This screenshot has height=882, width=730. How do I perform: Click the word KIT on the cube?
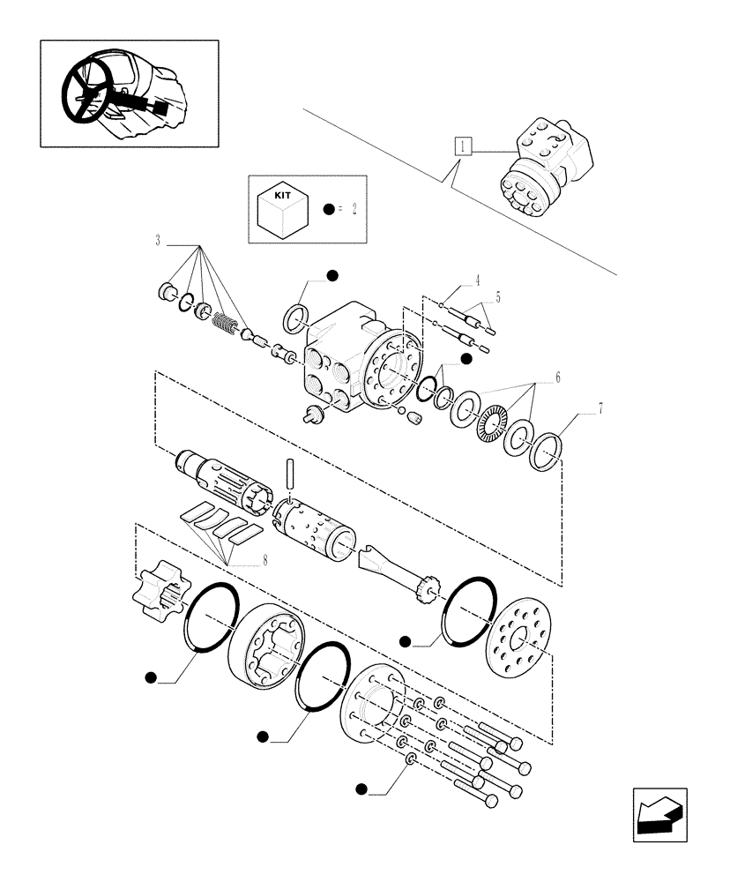coord(282,194)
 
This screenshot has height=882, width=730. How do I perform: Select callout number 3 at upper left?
coord(158,240)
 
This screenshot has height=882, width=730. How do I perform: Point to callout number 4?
coord(477,280)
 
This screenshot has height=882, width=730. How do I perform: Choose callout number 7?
coord(601,407)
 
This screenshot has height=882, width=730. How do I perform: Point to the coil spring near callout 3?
coord(227,325)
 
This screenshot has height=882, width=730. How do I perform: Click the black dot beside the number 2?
coord(328,210)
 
